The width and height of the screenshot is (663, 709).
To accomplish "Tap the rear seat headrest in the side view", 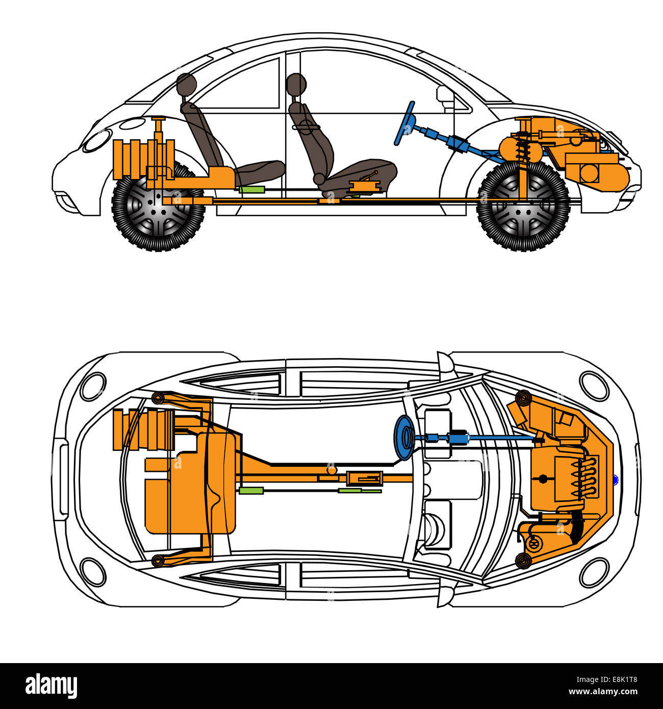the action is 186,84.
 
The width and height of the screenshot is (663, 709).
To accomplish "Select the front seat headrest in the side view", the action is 296,84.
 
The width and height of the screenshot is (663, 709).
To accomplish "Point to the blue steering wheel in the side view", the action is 404,123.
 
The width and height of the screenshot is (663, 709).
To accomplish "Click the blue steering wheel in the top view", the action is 404,437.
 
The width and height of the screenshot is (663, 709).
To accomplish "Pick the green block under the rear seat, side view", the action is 252,189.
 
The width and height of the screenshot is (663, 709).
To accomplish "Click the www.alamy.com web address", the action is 603,692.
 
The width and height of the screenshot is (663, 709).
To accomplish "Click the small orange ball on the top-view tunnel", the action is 331,470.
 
